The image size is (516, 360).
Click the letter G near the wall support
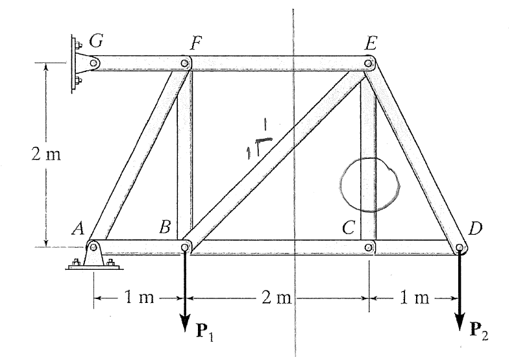pyautogui.click(x=96, y=42)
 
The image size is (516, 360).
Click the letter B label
pyautogui.click(x=166, y=228)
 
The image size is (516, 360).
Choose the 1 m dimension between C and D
pyautogui.click(x=415, y=299)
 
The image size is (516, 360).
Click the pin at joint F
pyautogui.click(x=186, y=64)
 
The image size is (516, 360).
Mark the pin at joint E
pyautogui.click(x=369, y=64)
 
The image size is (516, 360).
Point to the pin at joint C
pyautogui.click(x=369, y=247)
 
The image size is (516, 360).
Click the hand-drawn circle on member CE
pyautogui.click(x=367, y=185)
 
